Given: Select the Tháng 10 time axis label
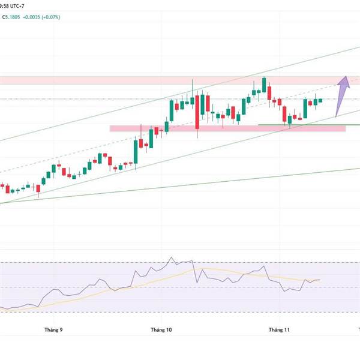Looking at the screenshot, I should (161, 330).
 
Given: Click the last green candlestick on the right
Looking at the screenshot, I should (320, 100).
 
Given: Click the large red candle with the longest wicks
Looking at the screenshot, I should (197, 111).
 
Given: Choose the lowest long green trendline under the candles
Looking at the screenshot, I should (180, 187).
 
